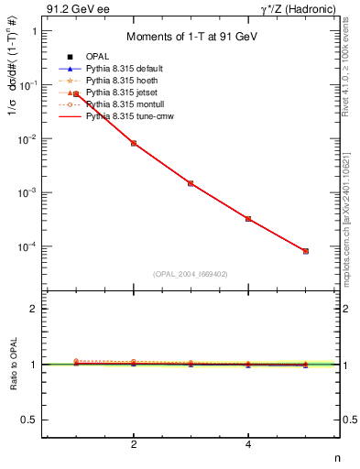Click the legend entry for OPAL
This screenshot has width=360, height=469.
pyautogui.click(x=97, y=57)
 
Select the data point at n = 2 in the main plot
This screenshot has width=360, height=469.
pyautogui.click(x=134, y=143)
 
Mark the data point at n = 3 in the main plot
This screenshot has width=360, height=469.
pyautogui.click(x=191, y=183)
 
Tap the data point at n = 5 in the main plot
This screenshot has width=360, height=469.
pyautogui.click(x=306, y=251)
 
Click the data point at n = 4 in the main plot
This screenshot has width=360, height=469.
pyautogui.click(x=248, y=219)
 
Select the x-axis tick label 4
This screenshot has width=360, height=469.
pyautogui.click(x=248, y=445)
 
